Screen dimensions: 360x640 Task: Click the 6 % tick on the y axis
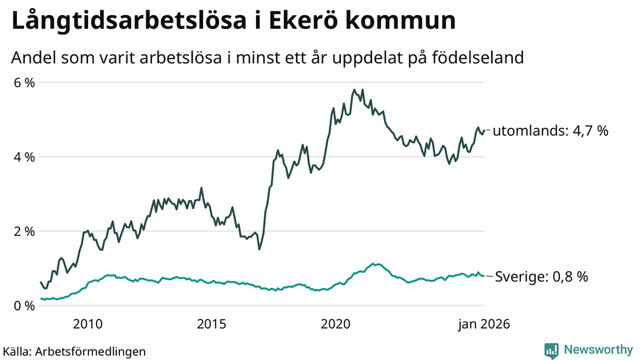22,82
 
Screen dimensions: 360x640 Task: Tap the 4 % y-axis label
22,157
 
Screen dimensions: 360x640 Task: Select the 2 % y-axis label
22,231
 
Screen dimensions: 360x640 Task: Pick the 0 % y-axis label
22,306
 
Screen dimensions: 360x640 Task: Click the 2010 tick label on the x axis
87,324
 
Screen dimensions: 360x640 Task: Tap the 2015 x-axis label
212,324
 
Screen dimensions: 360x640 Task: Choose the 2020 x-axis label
336,324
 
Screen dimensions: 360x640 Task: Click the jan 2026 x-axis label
482,324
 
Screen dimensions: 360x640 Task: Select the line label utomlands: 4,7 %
550,130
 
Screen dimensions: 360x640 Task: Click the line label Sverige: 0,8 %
541,277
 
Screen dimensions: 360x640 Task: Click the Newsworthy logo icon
551,350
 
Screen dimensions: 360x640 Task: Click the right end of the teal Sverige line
482,276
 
